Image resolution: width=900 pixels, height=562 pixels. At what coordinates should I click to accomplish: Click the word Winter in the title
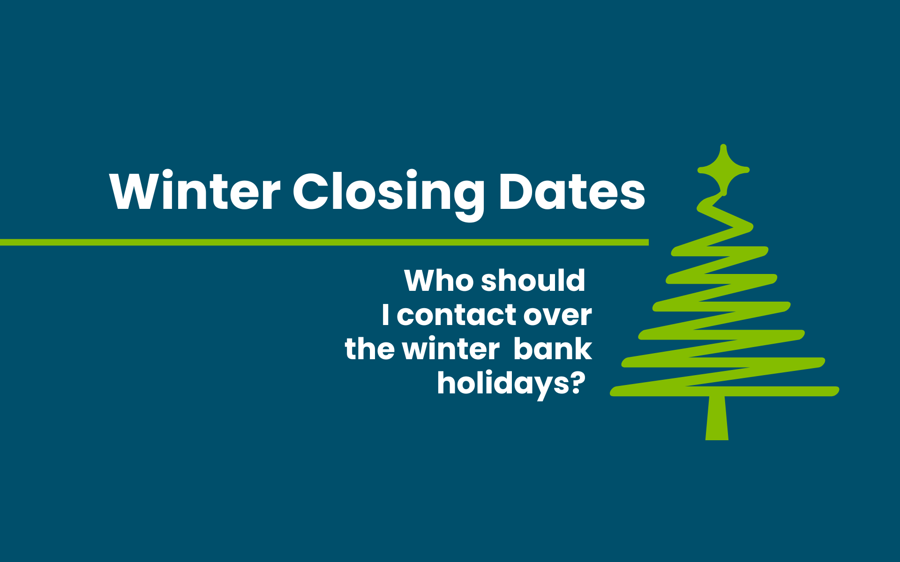[x=195, y=191]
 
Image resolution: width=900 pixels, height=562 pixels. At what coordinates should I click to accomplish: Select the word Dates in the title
[x=572, y=191]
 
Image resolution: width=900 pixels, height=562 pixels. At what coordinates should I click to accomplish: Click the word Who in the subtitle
[x=439, y=280]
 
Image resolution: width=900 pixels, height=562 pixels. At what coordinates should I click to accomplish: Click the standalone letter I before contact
[x=385, y=314]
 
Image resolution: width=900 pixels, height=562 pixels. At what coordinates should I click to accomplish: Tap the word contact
[x=456, y=315]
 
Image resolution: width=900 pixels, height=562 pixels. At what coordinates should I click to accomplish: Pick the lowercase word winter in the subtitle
[x=451, y=348]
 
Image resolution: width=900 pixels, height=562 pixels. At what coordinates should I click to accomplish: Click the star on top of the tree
[x=723, y=170]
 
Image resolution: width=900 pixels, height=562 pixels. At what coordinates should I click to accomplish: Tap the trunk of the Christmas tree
[x=717, y=418]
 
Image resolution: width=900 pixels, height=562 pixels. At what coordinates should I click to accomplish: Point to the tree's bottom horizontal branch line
[x=725, y=391]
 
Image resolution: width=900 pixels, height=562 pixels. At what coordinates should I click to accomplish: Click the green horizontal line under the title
[x=324, y=242]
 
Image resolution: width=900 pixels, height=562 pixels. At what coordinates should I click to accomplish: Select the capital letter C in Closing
[x=311, y=191]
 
